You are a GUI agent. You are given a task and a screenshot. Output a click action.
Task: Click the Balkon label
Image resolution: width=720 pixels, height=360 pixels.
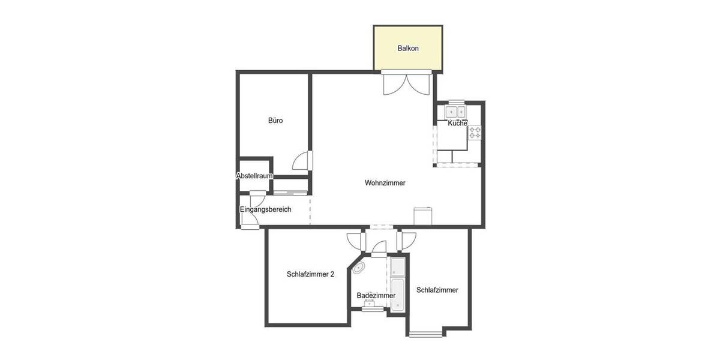coord(407,48)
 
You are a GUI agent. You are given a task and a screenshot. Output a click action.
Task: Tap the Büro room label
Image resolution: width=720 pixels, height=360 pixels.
coord(275,121)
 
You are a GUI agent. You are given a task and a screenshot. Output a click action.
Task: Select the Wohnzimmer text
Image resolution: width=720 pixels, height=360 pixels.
coord(385,183)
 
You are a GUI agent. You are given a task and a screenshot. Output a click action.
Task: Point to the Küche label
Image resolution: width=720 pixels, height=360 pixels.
coord(457,123)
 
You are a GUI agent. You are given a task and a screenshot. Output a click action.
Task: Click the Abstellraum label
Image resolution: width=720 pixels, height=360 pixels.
coord(255,176)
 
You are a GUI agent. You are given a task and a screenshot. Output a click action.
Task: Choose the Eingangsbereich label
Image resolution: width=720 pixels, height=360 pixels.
coord(265,209)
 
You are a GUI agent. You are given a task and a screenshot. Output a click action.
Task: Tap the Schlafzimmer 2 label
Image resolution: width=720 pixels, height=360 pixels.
coord(310,274)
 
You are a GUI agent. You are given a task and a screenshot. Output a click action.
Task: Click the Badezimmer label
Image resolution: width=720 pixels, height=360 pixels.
coord(376,295)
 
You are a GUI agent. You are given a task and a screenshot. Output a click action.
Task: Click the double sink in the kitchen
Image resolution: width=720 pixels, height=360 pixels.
coord(455,112)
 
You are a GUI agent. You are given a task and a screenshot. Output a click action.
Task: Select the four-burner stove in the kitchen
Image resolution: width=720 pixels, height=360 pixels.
coord(475,133)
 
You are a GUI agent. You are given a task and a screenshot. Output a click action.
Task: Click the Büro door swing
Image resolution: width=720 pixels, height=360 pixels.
coord(302,161)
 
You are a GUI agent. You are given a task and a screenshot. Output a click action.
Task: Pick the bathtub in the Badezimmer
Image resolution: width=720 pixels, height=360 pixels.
coord(398,295)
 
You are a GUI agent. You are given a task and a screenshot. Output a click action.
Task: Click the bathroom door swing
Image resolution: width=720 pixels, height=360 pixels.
coord(379,247)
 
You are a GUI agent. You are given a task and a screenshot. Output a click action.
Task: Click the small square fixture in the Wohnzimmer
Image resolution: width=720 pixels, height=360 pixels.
coord(422,215)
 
